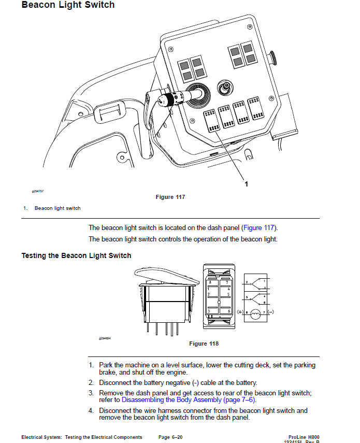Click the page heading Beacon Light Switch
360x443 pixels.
click(x=68, y=5)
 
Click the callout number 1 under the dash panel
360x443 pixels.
click(x=246, y=183)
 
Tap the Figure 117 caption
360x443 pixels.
click(x=170, y=197)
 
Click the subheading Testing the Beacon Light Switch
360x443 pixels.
click(x=76, y=255)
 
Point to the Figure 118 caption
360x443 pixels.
click(x=204, y=344)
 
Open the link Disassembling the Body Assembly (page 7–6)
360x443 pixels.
click(x=189, y=400)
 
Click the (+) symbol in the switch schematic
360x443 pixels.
click(x=240, y=312)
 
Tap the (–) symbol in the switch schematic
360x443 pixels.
click(x=271, y=312)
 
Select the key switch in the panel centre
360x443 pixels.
click(x=225, y=89)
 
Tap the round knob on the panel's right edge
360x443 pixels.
click(x=273, y=56)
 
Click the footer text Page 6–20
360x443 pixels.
click(x=170, y=437)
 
